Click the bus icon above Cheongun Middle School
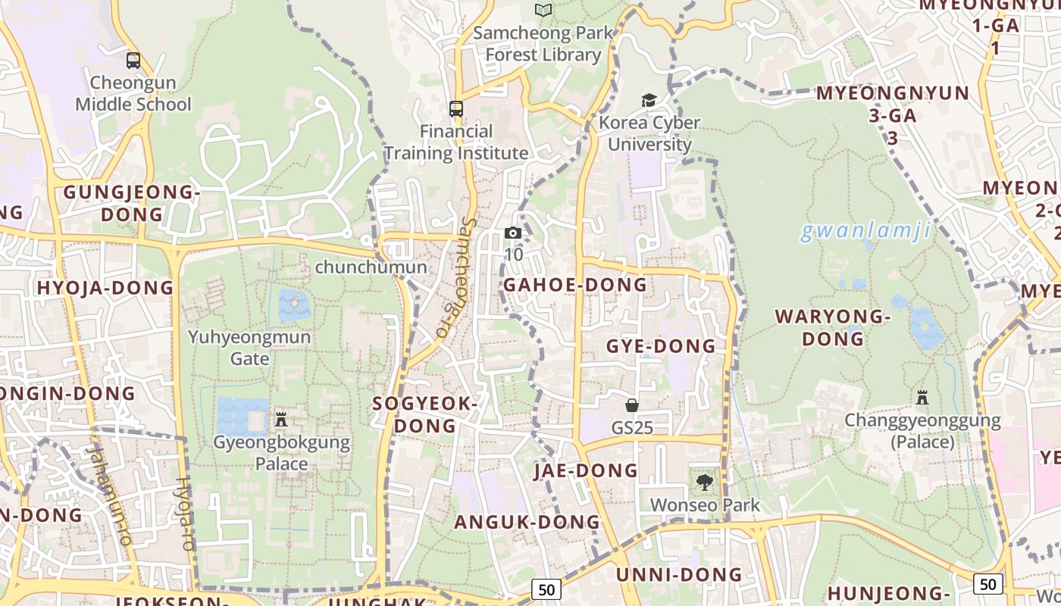pyautogui.click(x=133, y=61)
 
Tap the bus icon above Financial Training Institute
pyautogui.click(x=455, y=109)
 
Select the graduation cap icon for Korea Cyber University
pyautogui.click(x=649, y=100)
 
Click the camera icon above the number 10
pyautogui.click(x=513, y=233)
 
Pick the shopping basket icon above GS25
pyautogui.click(x=632, y=405)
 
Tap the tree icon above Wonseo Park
pyautogui.click(x=705, y=482)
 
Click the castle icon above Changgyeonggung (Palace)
pyautogui.click(x=922, y=398)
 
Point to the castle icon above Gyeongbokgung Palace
pyautogui.click(x=281, y=419)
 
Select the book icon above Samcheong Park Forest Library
pyautogui.click(x=543, y=10)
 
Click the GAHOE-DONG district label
pyautogui.click(x=575, y=285)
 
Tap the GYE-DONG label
pyautogui.click(x=661, y=346)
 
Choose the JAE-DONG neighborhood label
pyautogui.click(x=586, y=470)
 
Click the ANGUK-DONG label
pyautogui.click(x=527, y=522)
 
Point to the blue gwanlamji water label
pyautogui.click(x=865, y=231)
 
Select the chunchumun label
pyautogui.click(x=371, y=267)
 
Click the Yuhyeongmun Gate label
pyautogui.click(x=249, y=347)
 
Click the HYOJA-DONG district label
pyautogui.click(x=105, y=288)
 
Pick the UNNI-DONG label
pyautogui.click(x=678, y=574)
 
